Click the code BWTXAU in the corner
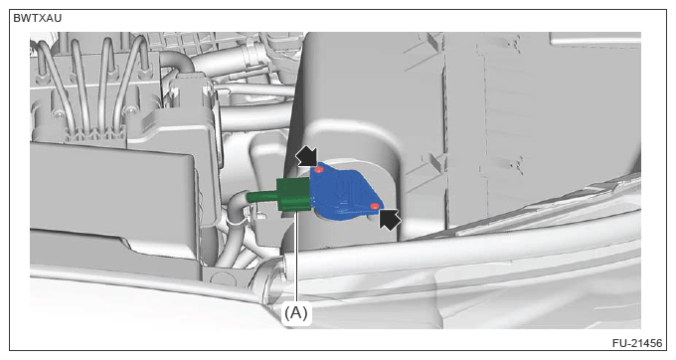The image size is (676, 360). (38, 18)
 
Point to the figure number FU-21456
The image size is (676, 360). (637, 343)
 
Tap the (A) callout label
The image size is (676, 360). (296, 312)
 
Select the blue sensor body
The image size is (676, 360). (345, 192)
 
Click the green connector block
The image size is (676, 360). (293, 195)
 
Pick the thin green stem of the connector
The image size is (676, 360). (261, 197)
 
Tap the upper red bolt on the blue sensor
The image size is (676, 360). (319, 170)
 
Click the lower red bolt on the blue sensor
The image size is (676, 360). (375, 206)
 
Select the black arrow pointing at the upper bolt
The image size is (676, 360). (306, 156)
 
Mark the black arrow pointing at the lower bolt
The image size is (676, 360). (390, 219)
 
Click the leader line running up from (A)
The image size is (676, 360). (296, 258)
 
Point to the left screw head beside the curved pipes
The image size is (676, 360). (59, 114)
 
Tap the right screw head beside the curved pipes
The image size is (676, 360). (129, 111)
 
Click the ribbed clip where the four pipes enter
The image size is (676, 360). (95, 133)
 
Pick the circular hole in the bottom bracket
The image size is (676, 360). (223, 278)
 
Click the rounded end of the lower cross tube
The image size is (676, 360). (268, 282)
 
